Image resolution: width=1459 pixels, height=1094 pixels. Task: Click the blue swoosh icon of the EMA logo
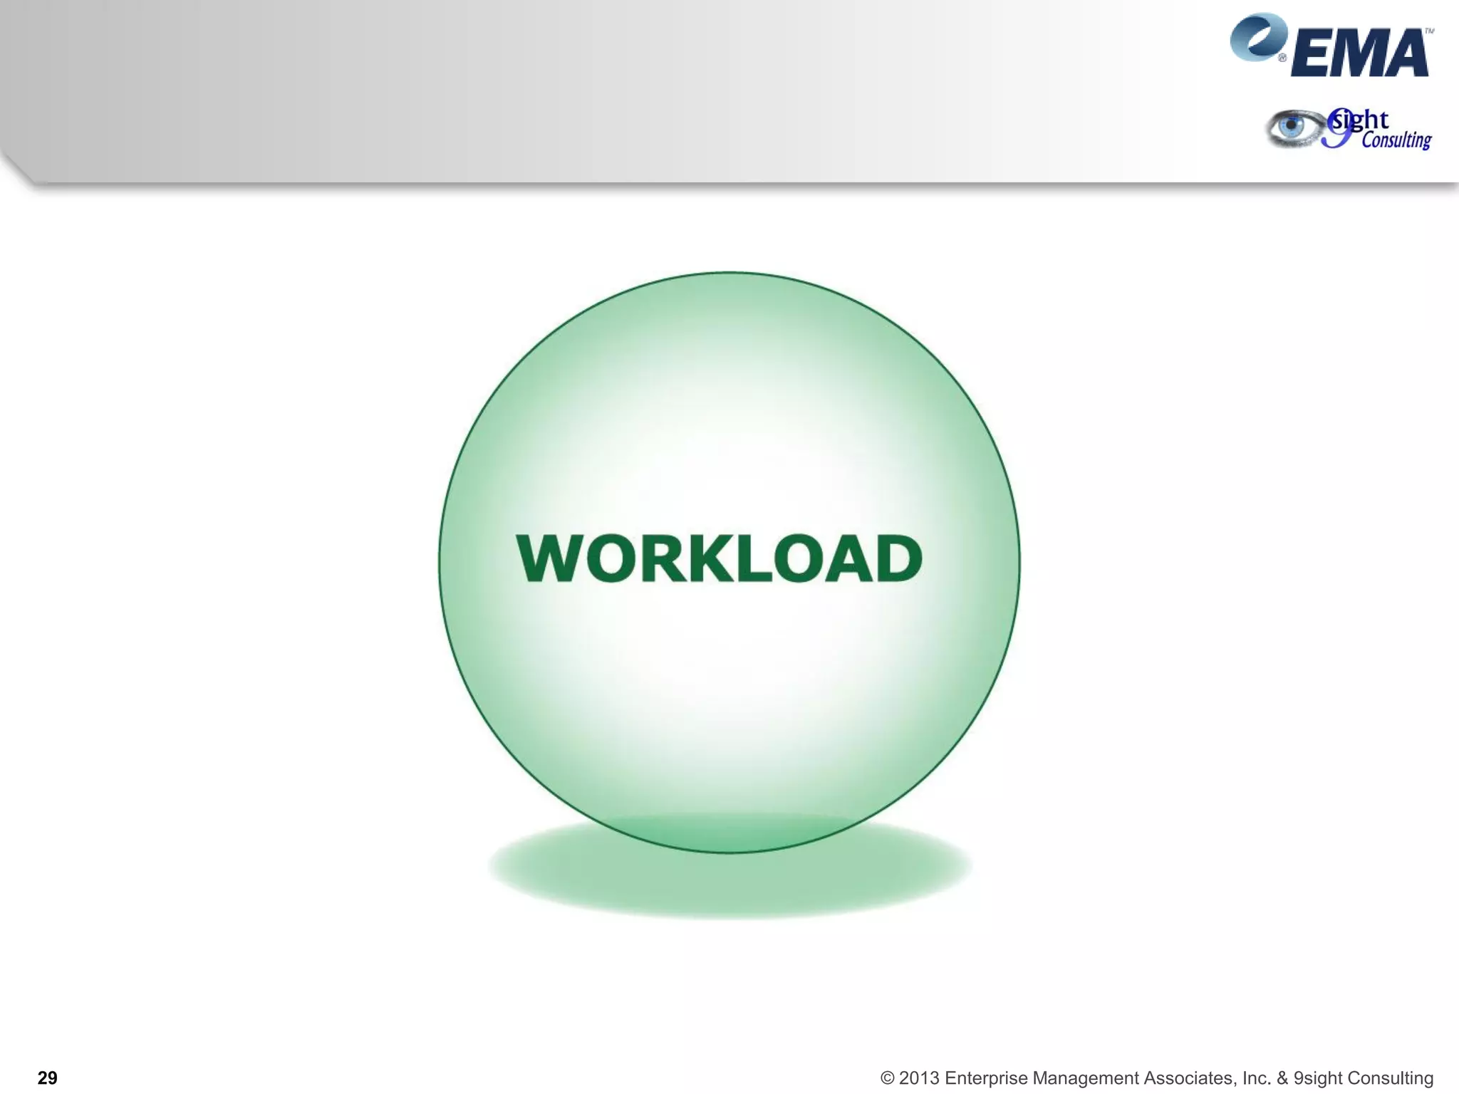(1257, 37)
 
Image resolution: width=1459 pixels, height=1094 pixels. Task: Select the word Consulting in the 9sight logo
(1396, 140)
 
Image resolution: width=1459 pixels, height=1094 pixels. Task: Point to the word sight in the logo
(1361, 120)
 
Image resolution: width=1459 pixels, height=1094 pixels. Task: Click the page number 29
(47, 1078)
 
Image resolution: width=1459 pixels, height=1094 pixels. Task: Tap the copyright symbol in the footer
(887, 1078)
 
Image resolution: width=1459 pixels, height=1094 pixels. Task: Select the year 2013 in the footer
(919, 1078)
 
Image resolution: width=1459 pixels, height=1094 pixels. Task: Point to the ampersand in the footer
(1282, 1078)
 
